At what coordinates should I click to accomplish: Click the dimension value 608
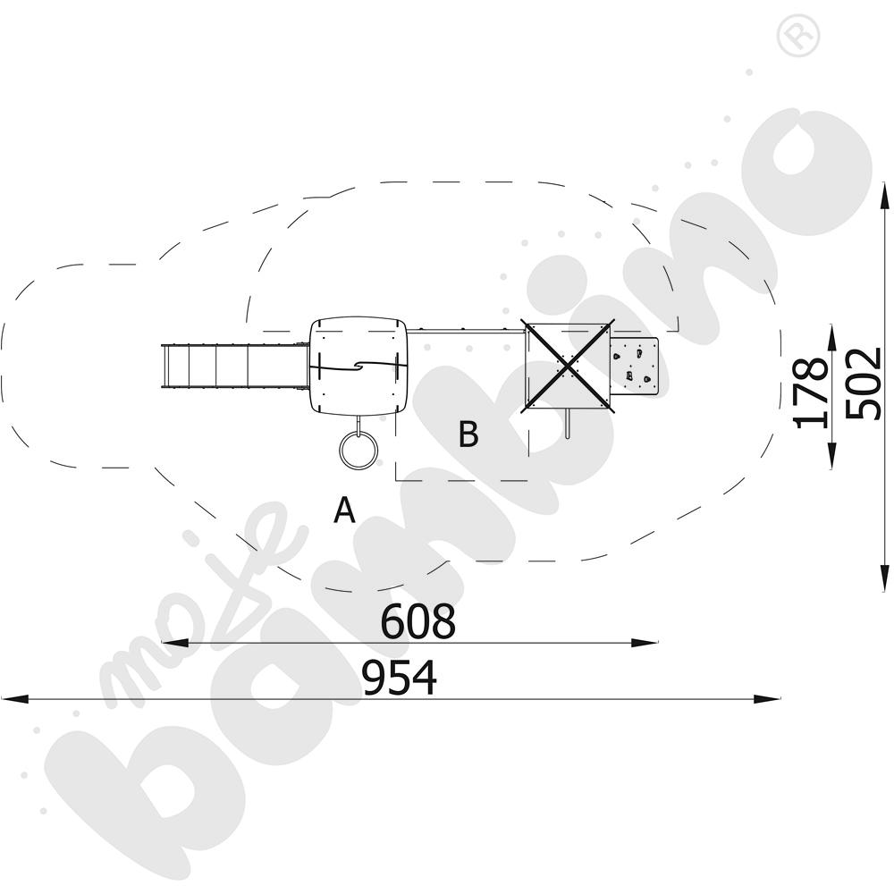click(x=417, y=621)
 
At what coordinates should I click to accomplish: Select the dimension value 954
click(x=400, y=678)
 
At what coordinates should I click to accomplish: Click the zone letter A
click(x=344, y=510)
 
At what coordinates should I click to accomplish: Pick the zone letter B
click(x=468, y=434)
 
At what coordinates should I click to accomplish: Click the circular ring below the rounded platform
click(x=358, y=448)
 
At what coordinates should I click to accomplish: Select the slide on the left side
click(x=232, y=366)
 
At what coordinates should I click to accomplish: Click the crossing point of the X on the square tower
click(x=569, y=366)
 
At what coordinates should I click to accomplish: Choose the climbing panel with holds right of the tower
click(x=637, y=366)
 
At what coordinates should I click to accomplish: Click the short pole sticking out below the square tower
click(x=568, y=425)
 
